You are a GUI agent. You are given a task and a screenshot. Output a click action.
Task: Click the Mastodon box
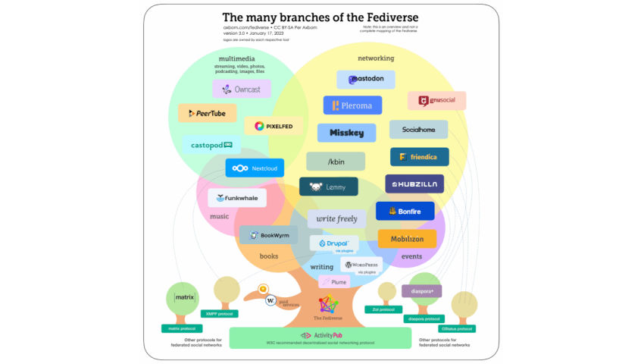367,79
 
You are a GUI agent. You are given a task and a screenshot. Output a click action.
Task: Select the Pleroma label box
352,105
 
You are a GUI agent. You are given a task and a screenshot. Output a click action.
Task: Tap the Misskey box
346,132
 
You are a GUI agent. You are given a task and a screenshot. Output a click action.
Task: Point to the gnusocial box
436,101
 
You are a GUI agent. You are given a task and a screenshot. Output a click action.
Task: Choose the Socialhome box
418,130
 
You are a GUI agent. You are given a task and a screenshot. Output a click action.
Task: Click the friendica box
419,157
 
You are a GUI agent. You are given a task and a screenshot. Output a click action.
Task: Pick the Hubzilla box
414,184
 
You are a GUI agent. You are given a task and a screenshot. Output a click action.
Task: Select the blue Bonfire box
405,211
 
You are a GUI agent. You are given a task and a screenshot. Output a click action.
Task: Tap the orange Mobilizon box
407,239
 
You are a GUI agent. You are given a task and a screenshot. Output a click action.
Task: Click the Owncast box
242,89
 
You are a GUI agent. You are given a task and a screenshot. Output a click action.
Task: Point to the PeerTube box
207,113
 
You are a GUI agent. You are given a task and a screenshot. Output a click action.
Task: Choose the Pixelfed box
274,125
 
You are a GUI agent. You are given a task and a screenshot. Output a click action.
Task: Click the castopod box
211,145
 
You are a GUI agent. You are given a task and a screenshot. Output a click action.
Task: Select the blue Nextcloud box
255,168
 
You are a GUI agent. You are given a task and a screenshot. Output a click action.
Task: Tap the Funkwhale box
237,198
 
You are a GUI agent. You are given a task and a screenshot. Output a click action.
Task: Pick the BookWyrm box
269,235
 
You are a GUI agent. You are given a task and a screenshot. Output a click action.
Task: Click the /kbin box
336,161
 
